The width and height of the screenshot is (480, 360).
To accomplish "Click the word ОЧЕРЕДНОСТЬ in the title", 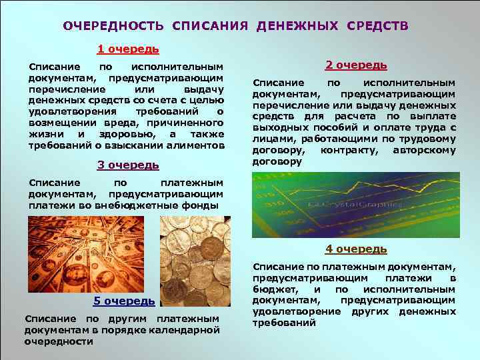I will point(113,26).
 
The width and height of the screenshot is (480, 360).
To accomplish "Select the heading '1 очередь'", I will point(128,49).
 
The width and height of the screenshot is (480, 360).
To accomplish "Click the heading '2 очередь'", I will point(356,65).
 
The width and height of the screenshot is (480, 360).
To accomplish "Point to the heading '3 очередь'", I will point(128,165).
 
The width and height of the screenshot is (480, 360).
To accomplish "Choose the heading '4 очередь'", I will point(356,249).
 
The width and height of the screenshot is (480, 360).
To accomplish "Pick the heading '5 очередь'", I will point(124,301).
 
